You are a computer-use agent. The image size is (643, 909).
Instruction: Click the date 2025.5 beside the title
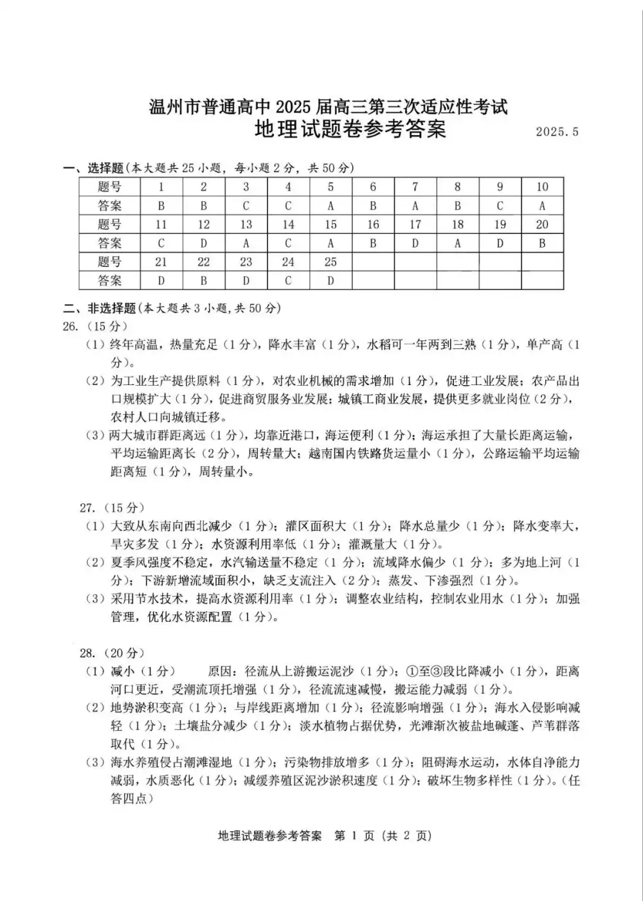(x=557, y=132)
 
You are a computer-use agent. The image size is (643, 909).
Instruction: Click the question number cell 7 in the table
(x=415, y=187)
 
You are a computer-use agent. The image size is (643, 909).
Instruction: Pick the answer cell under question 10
(x=542, y=206)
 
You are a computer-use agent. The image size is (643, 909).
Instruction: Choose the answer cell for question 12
(x=204, y=243)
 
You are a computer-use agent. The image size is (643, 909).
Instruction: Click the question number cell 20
(x=542, y=224)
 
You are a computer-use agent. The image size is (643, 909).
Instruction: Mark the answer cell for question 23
(x=246, y=280)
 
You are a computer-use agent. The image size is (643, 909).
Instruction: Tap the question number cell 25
(x=331, y=262)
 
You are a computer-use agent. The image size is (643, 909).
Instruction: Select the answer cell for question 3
(x=246, y=206)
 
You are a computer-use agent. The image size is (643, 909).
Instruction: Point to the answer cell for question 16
(x=373, y=243)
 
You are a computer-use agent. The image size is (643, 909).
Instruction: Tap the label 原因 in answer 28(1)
(x=221, y=672)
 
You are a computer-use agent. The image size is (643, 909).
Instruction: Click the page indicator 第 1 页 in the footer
(x=352, y=836)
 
